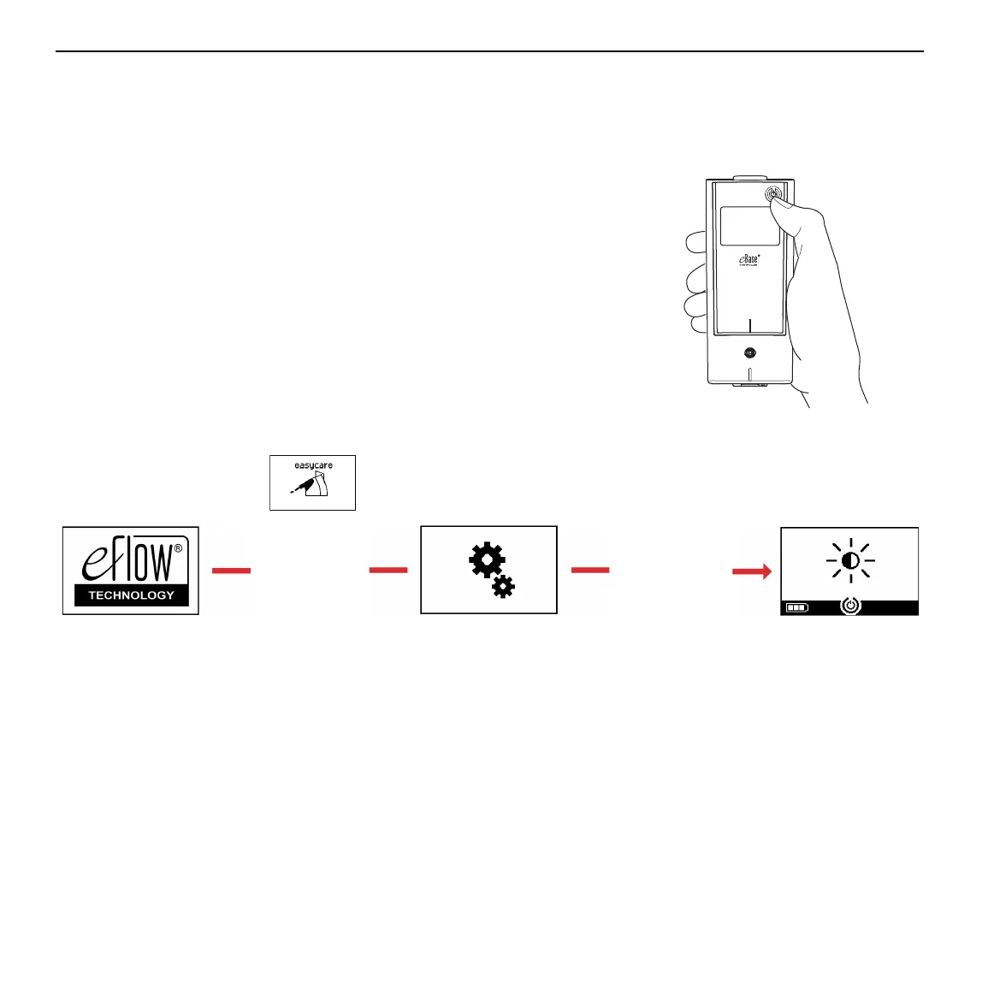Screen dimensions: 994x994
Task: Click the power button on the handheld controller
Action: [773, 194]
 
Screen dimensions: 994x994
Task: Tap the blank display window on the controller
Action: [748, 226]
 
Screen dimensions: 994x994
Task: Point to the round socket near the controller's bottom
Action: [750, 352]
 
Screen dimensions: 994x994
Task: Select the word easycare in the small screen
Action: [313, 465]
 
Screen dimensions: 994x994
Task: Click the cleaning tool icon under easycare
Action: [311, 488]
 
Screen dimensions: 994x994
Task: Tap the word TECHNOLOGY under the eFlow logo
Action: [131, 595]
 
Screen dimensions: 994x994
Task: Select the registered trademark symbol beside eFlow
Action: [178, 550]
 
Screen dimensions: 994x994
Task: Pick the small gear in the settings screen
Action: [503, 586]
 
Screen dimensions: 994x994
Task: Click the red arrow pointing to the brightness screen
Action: [752, 571]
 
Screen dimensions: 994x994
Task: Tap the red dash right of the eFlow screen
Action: [231, 570]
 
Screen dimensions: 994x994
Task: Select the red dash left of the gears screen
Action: [388, 570]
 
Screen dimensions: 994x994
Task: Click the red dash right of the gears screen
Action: [590, 570]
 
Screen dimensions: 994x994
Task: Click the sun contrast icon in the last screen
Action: [850, 560]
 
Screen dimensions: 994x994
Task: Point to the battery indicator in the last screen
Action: [796, 607]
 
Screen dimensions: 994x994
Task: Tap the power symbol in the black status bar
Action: [850, 606]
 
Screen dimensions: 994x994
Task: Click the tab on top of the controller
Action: [748, 177]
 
